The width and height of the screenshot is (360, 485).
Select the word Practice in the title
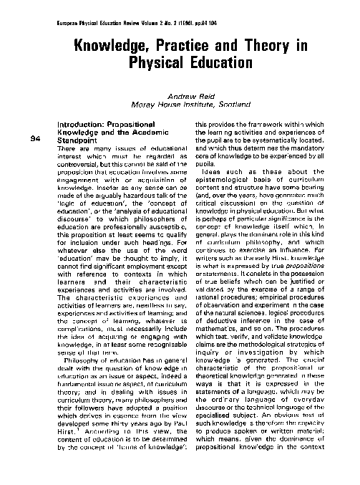pos(192,47)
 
